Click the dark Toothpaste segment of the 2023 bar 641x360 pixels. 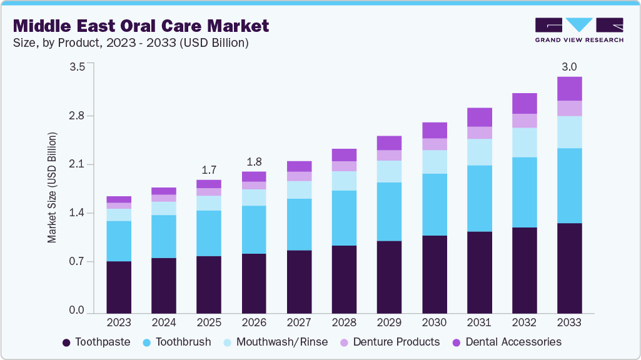[119, 287]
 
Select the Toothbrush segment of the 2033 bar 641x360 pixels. [570, 186]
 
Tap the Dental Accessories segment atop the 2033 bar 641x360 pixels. [570, 89]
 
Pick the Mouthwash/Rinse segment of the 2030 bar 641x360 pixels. [435, 162]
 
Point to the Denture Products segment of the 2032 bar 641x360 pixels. [525, 121]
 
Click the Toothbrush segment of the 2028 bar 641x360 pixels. [345, 218]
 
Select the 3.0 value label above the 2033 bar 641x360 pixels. [569, 67]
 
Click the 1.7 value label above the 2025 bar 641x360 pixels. [209, 169]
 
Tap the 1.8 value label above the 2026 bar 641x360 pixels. [254, 161]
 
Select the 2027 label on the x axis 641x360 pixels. [299, 323]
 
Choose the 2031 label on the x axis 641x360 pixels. [480, 323]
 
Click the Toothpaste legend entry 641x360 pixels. [96, 342]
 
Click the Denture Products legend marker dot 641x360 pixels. [344, 342]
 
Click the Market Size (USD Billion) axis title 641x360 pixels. [53, 187]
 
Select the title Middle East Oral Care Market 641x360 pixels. [141, 26]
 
